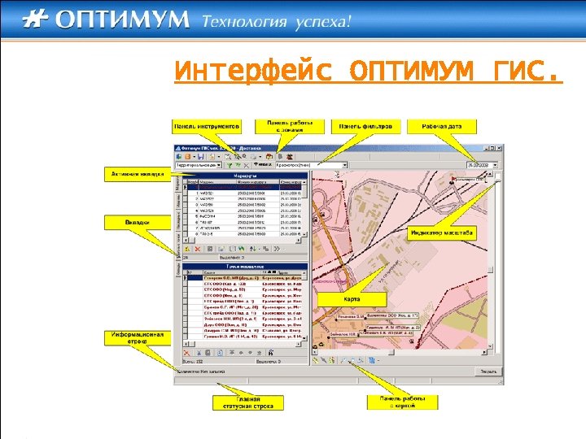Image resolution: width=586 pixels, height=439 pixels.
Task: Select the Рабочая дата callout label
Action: pos(443,126)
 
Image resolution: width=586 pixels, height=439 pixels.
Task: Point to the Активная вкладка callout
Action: pos(135,173)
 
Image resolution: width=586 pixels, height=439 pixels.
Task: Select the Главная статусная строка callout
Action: pos(248,402)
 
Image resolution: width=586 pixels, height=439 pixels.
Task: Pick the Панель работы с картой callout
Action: pos(404,402)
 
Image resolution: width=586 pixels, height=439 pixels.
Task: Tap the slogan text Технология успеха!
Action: pos(277,21)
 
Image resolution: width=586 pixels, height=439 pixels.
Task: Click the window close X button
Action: pos(499,149)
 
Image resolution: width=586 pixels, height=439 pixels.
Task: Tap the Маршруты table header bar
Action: pos(245,175)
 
